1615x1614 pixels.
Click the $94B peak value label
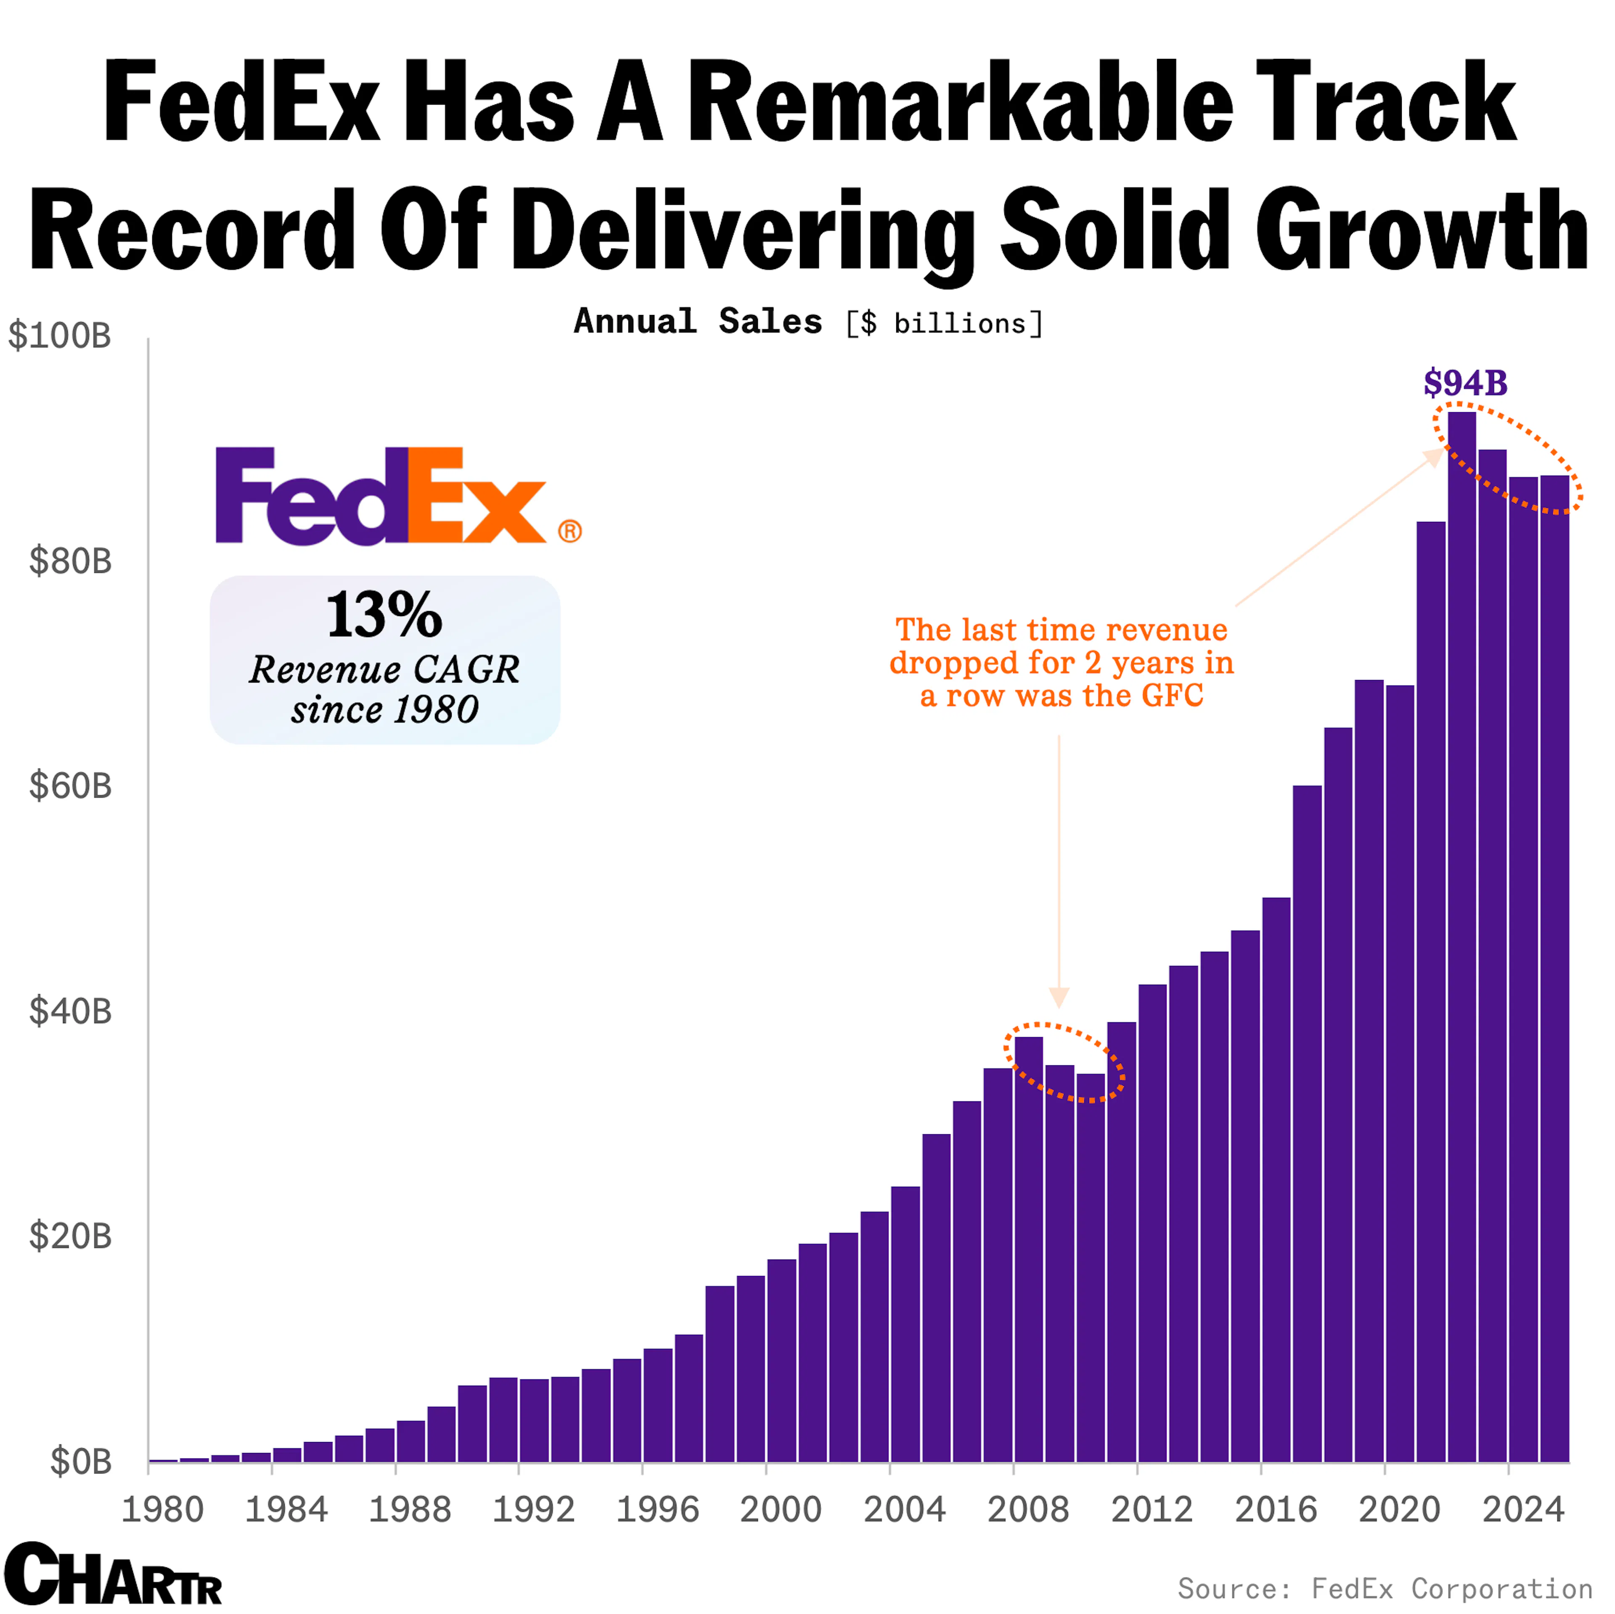coord(1465,384)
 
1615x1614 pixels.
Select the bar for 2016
coord(1276,1170)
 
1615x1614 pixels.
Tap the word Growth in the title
coord(1421,230)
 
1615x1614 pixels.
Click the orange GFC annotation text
coord(1062,662)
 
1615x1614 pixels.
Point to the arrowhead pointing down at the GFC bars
coord(1059,997)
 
